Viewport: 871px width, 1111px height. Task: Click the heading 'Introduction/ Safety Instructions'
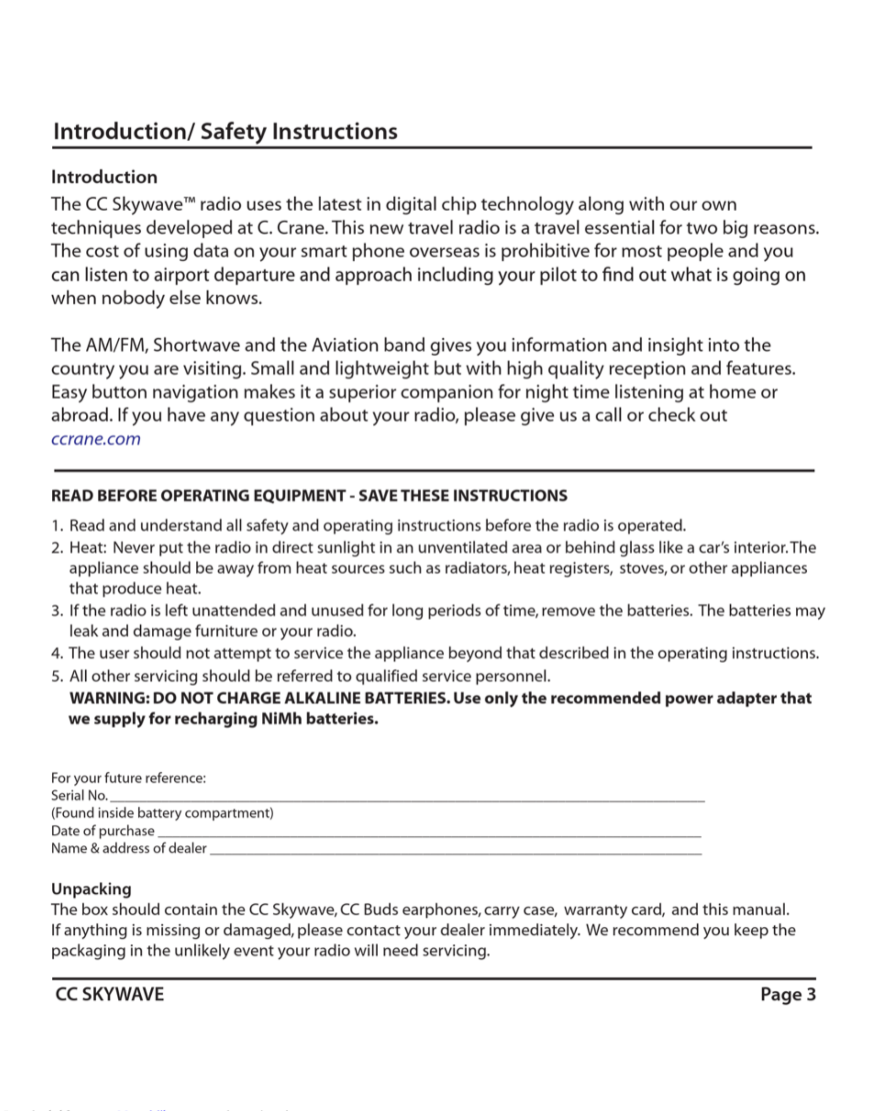tap(225, 132)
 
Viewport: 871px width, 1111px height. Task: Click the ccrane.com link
tap(96, 439)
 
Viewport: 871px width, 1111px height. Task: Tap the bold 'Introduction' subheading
tap(104, 177)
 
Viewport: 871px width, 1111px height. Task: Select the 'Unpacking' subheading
tap(91, 889)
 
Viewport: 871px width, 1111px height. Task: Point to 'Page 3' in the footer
tap(788, 994)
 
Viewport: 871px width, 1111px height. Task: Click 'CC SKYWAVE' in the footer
tap(110, 994)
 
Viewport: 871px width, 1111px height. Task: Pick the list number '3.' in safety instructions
tap(57, 611)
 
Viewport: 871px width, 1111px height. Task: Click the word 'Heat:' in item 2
tap(88, 548)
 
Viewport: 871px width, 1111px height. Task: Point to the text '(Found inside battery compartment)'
tap(162, 813)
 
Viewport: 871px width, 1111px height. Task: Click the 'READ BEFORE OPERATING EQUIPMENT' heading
tap(198, 496)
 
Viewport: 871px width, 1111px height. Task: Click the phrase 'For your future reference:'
tap(128, 778)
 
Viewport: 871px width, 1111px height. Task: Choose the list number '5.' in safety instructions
tap(57, 676)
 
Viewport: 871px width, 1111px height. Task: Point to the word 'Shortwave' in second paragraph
tap(196, 346)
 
